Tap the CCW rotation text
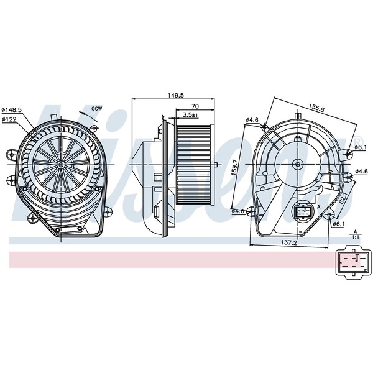[96, 109]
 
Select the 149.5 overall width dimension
[176, 95]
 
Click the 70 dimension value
[195, 106]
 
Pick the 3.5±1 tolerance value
[190, 115]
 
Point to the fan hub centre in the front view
[62, 164]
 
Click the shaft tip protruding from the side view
[216, 165]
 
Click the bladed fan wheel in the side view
[194, 164]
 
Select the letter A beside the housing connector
[318, 206]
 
